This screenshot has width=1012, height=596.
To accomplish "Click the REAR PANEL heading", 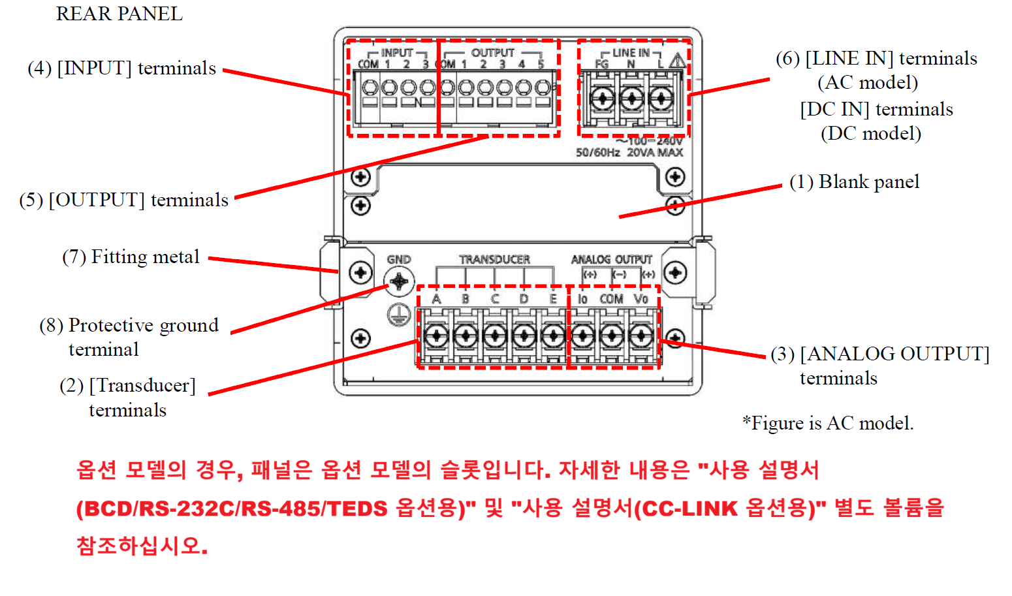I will (x=119, y=14).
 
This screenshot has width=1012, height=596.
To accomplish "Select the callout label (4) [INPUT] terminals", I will (x=121, y=68).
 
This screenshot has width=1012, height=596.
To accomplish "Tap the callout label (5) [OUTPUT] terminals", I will (x=123, y=200).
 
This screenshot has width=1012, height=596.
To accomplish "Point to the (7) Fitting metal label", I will (x=131, y=257).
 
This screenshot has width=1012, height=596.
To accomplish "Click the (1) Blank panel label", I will (x=854, y=181).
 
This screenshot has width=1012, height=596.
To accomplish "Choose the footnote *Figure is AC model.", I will (x=827, y=423).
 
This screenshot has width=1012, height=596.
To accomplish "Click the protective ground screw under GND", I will (x=398, y=283).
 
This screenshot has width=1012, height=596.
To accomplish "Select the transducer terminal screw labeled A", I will (x=435, y=336).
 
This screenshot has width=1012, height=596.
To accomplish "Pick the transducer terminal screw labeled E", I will (x=553, y=336).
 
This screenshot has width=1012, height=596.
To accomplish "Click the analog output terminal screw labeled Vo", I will (x=641, y=336).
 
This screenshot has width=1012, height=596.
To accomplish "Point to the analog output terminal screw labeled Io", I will (x=582, y=336).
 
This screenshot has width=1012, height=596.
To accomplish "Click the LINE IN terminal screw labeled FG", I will (x=601, y=99).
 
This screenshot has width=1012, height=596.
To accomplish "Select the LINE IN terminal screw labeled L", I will (x=661, y=99).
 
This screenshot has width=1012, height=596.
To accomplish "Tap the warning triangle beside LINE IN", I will (x=677, y=61).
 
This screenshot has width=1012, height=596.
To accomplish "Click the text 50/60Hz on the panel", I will (x=597, y=152).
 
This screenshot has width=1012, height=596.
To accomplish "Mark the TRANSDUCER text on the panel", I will (x=494, y=259).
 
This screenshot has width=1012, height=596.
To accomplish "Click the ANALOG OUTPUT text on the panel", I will (x=611, y=259).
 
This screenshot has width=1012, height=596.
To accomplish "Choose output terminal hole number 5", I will (x=542, y=87).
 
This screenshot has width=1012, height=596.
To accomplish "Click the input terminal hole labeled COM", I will (x=370, y=87).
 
